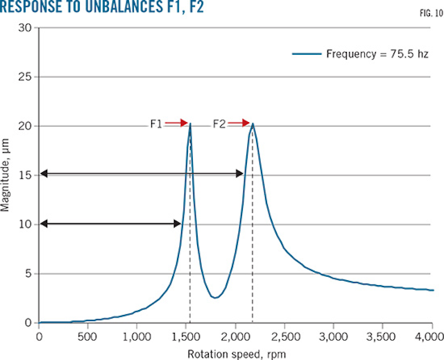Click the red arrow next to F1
tap(177, 123)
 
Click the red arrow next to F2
tap(239, 123)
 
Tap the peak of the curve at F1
tap(190, 124)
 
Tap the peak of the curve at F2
tap(253, 125)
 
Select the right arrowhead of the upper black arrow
tap(239, 173)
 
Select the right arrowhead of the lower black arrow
tap(177, 223)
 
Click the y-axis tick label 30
tap(26, 28)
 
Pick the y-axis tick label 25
tap(26, 77)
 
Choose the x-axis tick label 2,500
tap(284, 336)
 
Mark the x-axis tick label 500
tap(88, 336)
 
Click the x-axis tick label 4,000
tap(429, 336)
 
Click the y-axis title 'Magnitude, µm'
tap(6, 175)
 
